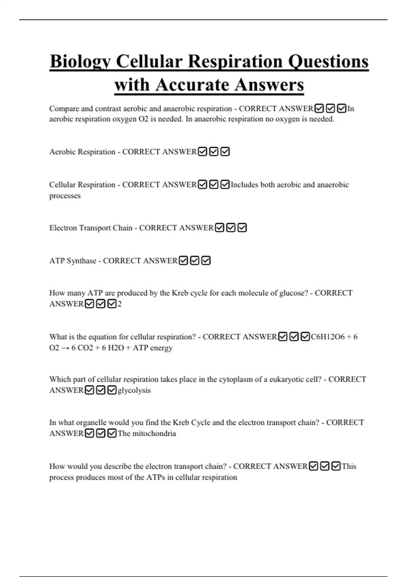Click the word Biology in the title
80,62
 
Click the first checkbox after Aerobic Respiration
202,152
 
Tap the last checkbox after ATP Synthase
206,261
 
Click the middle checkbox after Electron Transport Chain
231,228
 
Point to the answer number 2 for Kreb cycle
119,304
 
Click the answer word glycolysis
134,390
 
